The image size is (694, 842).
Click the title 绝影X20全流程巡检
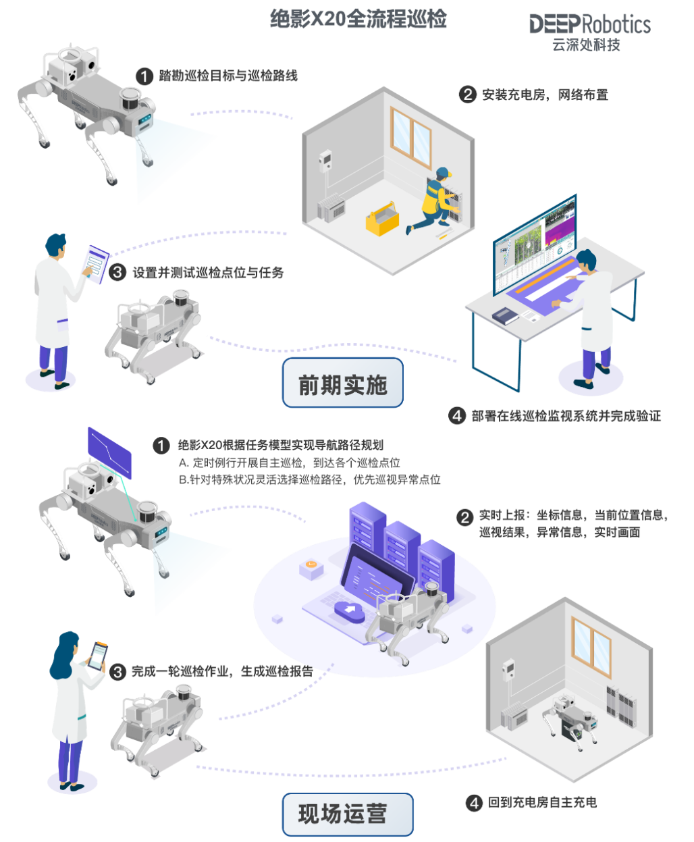[358, 19]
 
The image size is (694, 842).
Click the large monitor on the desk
[535, 245]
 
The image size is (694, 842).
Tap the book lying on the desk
[504, 315]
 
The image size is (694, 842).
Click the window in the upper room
[411, 137]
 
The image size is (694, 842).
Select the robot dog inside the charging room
[570, 719]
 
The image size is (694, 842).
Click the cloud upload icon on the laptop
[349, 610]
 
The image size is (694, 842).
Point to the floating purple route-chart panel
[109, 452]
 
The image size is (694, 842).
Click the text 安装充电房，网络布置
[544, 95]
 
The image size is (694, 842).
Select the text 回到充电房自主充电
[541, 803]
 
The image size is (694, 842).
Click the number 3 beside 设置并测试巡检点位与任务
[117, 272]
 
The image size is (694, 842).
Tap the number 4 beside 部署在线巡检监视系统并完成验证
[457, 416]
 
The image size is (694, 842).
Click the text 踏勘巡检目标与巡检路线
[228, 76]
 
